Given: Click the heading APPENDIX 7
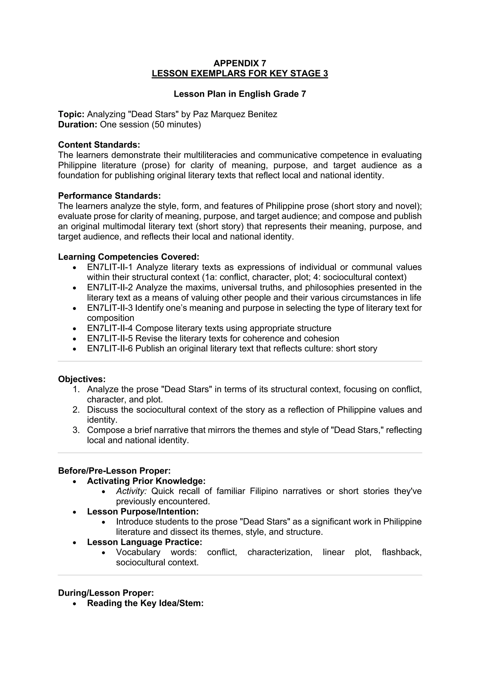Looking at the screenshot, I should coord(240,63).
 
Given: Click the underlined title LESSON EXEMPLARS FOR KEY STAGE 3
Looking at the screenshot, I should coord(240,74).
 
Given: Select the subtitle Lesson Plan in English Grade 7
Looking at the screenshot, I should coord(240,94).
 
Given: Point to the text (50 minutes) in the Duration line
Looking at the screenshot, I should coord(176,125).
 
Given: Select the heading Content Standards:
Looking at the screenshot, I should coord(99,145).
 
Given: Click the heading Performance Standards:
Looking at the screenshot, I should coord(109,196).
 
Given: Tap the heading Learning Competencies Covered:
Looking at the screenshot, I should coord(129,257).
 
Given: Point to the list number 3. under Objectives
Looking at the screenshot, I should coord(76,430).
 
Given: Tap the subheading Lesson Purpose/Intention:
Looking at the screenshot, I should coord(143,512).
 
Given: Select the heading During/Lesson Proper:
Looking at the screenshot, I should coord(106,593).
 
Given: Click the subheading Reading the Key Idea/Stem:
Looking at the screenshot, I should coord(145,603).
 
